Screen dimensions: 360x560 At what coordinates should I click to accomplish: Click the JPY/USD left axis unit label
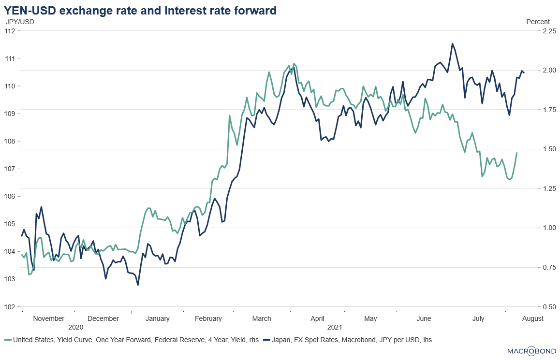tap(20, 21)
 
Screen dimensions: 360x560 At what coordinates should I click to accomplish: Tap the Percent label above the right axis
tap(538, 21)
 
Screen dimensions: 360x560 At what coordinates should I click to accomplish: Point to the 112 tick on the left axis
tap(11, 31)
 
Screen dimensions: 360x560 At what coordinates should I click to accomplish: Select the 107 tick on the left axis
tap(11, 169)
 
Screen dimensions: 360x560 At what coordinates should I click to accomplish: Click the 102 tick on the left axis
tap(11, 307)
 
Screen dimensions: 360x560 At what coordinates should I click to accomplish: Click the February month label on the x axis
tap(208, 318)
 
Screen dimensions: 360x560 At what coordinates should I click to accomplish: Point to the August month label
tap(533, 318)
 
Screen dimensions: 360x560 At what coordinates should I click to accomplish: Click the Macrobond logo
tap(531, 350)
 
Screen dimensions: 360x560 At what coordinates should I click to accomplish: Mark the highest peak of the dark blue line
tap(453, 43)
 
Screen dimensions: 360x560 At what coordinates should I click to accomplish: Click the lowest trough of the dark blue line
tap(138, 285)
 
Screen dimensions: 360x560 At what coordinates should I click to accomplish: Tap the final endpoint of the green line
tap(517, 153)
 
